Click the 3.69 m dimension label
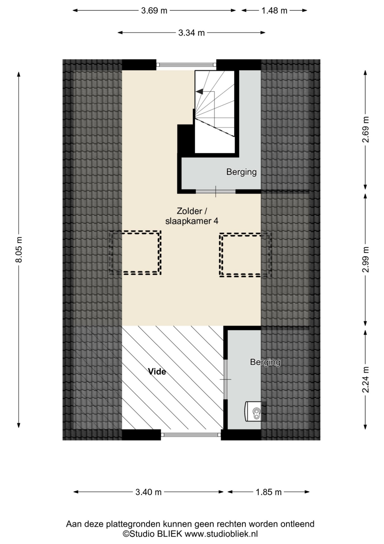(154, 11)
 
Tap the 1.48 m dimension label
(274, 11)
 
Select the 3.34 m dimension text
(191, 33)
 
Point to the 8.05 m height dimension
(19, 249)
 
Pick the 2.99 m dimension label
(366, 259)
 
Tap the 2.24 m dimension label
(366, 380)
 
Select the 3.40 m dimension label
(148, 492)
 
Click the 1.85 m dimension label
(269, 492)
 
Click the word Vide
(157, 372)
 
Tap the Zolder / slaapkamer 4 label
(192, 216)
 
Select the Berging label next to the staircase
(241, 172)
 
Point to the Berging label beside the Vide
(265, 362)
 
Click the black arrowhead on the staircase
(200, 91)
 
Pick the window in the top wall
(186, 65)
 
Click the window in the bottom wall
(191, 435)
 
